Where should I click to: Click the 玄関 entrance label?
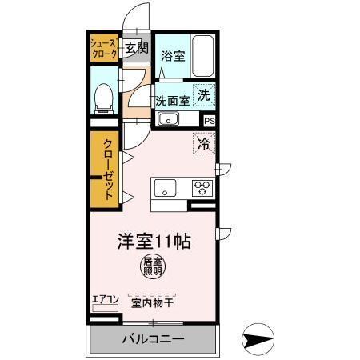[136, 48]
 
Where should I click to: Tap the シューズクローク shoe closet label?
[102, 48]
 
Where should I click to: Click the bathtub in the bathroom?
[203, 57]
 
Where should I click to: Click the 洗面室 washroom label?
[172, 101]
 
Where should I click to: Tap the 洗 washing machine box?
[204, 94]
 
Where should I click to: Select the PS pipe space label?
[209, 121]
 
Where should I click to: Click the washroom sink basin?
[167, 120]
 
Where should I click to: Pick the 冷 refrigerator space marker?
[204, 144]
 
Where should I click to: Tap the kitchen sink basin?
[166, 189]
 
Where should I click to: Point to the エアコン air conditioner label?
[105, 300]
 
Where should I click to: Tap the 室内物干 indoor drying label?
[152, 303]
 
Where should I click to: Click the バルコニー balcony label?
[152, 338]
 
